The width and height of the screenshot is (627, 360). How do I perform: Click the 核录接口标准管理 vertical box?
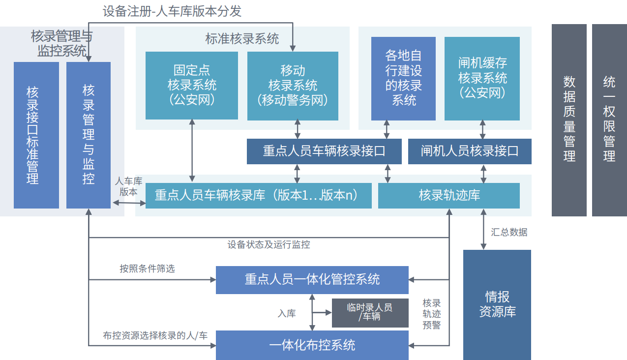point(36,135)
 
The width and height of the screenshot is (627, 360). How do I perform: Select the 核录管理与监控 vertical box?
point(89,135)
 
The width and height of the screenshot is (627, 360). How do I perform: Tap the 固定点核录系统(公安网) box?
point(192,86)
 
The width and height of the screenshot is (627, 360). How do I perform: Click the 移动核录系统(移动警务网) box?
point(293,86)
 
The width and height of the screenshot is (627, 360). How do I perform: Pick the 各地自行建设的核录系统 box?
point(403,79)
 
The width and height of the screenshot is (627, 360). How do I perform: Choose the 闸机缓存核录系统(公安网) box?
point(482,79)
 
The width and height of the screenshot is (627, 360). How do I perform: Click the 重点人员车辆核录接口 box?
point(324,151)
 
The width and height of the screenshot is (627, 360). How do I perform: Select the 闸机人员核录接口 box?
point(470,151)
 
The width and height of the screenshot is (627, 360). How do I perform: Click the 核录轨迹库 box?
point(448,195)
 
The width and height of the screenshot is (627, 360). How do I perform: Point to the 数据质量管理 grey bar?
point(569,120)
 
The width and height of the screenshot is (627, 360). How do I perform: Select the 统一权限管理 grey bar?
point(609,120)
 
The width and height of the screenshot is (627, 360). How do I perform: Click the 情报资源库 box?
point(497,304)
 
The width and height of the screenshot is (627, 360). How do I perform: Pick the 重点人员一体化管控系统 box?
point(312,280)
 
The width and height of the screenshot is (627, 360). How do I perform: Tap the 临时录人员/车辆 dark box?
point(370,313)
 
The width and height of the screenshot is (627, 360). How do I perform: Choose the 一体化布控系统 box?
point(312,345)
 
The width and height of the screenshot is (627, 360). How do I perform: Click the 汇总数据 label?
point(509,232)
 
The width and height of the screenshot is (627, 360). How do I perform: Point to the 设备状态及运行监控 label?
point(269,244)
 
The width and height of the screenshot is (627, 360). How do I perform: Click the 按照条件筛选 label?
point(147,269)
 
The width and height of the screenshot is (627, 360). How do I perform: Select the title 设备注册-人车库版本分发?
point(172,11)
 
